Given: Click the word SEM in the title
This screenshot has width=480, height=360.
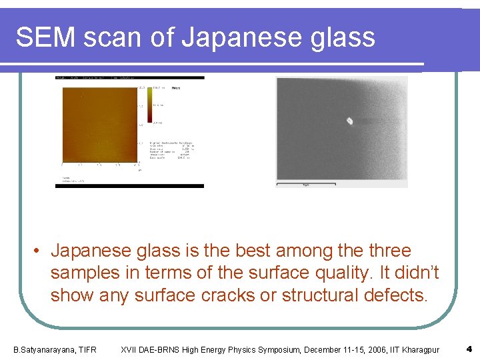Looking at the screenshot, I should tap(45, 37).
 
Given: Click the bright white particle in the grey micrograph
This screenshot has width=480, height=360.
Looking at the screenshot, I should tap(349, 121).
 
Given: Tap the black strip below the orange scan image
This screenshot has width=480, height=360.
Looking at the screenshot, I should tap(129, 186).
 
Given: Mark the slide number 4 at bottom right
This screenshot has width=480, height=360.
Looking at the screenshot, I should tap(469, 349).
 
